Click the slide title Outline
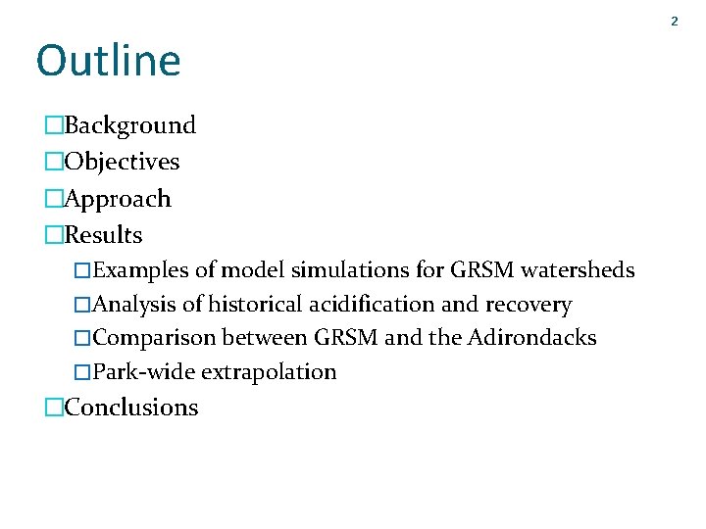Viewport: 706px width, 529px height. click(108, 61)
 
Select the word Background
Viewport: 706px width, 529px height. click(129, 125)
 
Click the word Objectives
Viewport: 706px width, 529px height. click(122, 162)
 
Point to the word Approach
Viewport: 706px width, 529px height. click(118, 199)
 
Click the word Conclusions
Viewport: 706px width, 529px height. click(130, 408)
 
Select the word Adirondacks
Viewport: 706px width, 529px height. click(531, 338)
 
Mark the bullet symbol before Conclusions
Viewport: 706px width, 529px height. click(54, 408)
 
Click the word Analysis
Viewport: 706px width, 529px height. click(136, 306)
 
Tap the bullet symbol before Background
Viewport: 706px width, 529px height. click(54, 125)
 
